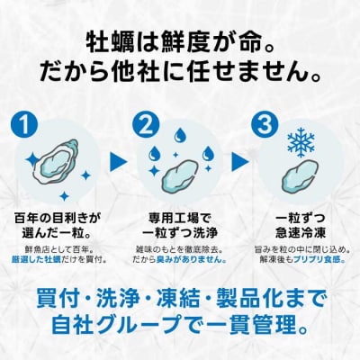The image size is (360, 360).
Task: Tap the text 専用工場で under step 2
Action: pyautogui.click(x=181, y=217)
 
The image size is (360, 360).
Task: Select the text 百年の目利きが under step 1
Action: pyautogui.click(x=60, y=217)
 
